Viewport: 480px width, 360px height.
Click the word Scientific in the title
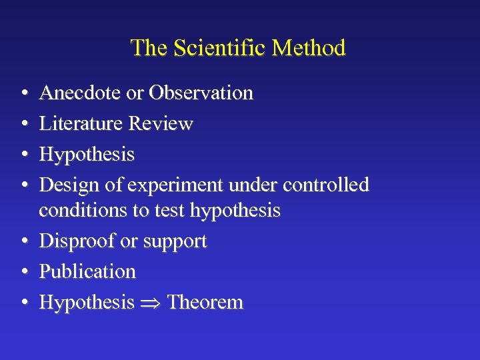pyautogui.click(x=205, y=48)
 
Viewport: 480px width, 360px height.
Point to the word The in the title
pyautogui.click(x=147, y=48)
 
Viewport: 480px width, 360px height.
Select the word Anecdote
pyautogui.click(x=81, y=93)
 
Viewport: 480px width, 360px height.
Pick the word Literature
pyautogui.click(x=81, y=123)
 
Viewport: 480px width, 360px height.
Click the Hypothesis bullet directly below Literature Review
pyautogui.click(x=87, y=155)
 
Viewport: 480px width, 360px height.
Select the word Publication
pyautogui.click(x=87, y=271)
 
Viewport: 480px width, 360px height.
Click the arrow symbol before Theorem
pyautogui.click(x=151, y=303)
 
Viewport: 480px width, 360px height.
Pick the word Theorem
pyautogui.click(x=205, y=302)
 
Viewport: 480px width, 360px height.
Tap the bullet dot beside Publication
pyautogui.click(x=23, y=272)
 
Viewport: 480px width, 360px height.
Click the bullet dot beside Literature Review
pyautogui.click(x=23, y=124)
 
